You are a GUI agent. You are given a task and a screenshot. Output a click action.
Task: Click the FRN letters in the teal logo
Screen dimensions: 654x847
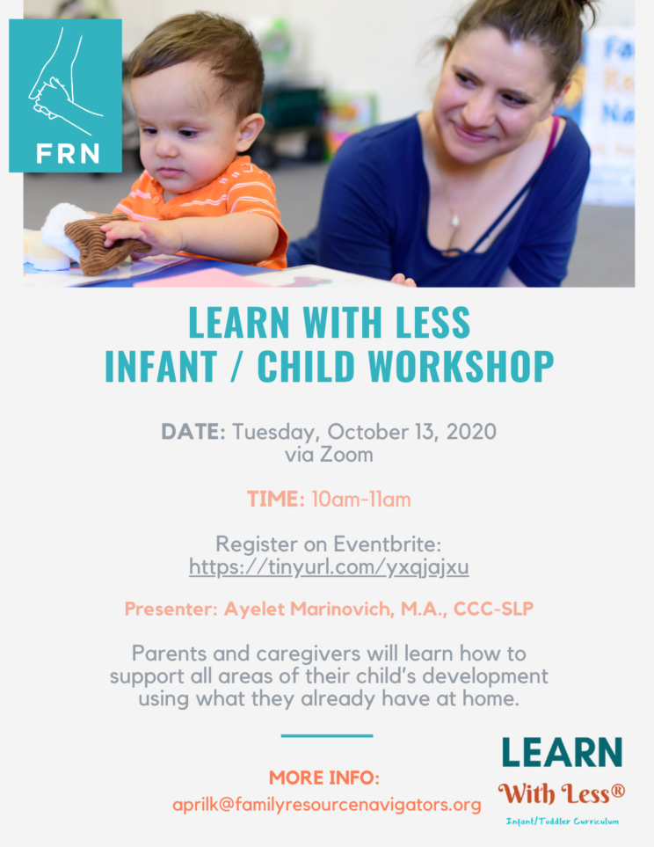tap(68, 153)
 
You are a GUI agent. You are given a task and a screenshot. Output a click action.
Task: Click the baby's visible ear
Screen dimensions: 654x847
tap(248, 132)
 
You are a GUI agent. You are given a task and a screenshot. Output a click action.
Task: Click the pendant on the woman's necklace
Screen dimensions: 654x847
tap(454, 221)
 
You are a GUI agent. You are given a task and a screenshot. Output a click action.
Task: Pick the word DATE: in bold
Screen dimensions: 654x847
tap(193, 432)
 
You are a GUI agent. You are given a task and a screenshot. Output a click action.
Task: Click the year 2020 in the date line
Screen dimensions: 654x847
tap(471, 432)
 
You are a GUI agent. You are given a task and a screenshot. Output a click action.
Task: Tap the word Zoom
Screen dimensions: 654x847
tap(346, 455)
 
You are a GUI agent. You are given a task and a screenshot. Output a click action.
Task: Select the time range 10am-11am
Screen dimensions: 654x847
tap(361, 499)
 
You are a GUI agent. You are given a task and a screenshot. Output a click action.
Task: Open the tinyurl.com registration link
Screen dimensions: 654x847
tap(329, 566)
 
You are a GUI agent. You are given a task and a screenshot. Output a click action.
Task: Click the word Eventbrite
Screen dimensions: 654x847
tap(388, 544)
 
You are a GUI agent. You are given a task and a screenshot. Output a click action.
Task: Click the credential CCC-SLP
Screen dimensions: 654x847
tap(494, 609)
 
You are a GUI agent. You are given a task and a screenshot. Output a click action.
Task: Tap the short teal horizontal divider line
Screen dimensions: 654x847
tap(327, 735)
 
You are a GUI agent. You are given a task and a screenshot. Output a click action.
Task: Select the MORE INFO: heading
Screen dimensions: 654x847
tap(324, 778)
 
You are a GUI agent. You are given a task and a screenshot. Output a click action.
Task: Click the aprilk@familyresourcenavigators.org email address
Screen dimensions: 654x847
tap(327, 805)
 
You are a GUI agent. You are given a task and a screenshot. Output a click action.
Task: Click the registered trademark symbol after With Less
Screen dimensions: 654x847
tap(618, 792)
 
